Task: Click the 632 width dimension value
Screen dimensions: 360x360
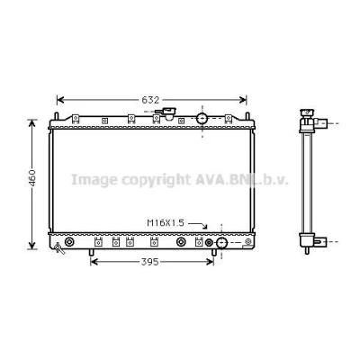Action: pyautogui.click(x=150, y=100)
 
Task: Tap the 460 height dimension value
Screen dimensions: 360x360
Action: pyautogui.click(x=32, y=178)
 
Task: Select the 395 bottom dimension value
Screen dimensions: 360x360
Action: pyautogui.click(x=149, y=262)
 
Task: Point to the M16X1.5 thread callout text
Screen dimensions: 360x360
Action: pyautogui.click(x=166, y=223)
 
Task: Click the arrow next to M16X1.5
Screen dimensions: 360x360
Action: pyautogui.click(x=198, y=225)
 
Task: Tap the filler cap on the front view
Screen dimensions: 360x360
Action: pyautogui.click(x=166, y=112)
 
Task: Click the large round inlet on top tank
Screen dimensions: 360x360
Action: pyautogui.click(x=202, y=118)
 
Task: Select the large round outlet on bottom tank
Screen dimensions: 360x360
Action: pyautogui.click(x=221, y=243)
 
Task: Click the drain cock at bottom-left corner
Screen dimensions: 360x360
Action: pyautogui.click(x=59, y=248)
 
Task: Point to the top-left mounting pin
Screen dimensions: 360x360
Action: pyautogui.click(x=56, y=116)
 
